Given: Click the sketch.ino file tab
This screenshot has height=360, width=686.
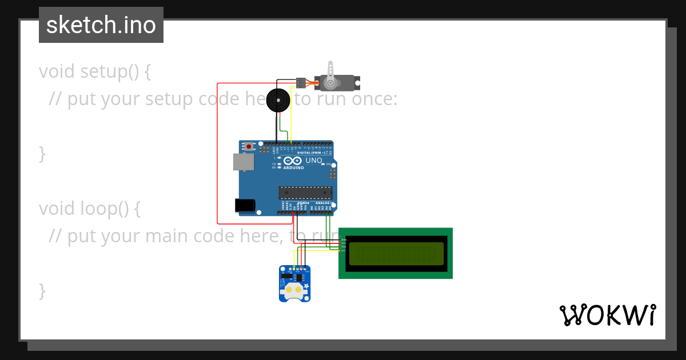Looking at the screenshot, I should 101,25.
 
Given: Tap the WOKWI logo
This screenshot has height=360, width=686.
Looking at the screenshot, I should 607,315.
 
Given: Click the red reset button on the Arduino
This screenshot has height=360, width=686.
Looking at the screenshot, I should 249,146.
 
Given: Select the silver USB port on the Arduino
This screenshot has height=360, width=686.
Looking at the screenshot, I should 244,162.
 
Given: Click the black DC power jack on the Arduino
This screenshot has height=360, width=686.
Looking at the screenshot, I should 245,205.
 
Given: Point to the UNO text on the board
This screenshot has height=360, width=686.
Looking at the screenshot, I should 314,161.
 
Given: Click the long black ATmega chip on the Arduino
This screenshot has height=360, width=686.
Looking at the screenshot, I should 305,193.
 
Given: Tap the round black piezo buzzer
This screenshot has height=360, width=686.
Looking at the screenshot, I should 278,100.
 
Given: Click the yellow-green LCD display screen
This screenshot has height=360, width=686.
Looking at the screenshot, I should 396,254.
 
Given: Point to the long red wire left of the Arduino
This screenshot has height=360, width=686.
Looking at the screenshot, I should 217,154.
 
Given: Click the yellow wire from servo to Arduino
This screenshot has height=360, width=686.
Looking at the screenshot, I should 292,114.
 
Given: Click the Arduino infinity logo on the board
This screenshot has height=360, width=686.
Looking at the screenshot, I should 293,161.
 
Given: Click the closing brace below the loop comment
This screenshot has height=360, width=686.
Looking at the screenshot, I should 42,290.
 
